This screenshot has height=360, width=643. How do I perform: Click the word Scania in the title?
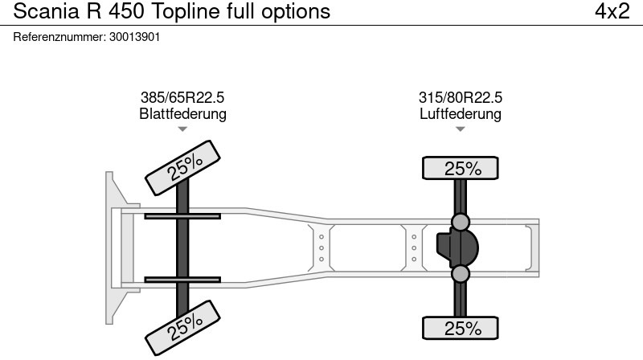tap(47, 11)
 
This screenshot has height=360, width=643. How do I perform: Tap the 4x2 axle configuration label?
tap(612, 11)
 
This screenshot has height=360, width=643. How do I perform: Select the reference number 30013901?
tap(134, 37)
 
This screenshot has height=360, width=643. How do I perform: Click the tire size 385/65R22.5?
tap(182, 97)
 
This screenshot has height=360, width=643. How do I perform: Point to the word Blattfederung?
tap(183, 113)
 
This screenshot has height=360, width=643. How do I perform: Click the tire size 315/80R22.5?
tap(460, 97)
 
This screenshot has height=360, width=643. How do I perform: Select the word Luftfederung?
tap(460, 113)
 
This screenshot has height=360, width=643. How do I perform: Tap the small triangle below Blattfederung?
tap(182, 129)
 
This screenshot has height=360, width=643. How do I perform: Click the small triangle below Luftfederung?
tap(460, 129)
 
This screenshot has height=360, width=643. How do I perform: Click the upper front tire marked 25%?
tap(183, 168)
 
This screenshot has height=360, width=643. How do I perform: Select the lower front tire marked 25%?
tap(183, 328)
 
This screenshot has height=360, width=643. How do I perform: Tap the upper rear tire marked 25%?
tap(460, 168)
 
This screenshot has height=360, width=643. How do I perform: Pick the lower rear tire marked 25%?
tap(460, 328)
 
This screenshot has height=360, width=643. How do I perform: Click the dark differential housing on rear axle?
tap(457, 248)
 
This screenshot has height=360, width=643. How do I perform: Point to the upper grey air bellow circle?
tap(460, 222)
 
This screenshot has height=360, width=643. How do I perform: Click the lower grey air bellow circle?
tap(460, 274)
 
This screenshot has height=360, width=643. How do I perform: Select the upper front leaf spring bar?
tap(182, 216)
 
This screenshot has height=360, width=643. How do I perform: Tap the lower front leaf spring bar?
tap(182, 280)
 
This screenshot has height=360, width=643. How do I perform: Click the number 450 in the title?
tap(126, 11)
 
